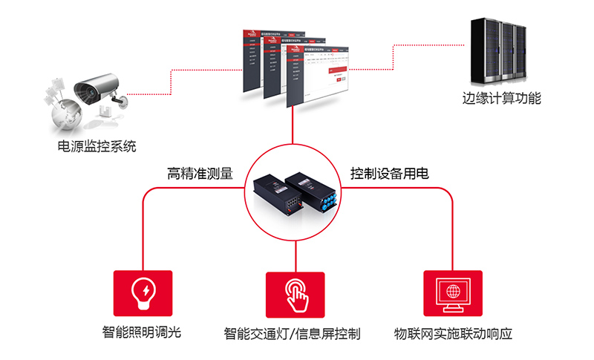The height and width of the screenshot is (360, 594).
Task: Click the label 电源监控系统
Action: point(97,145)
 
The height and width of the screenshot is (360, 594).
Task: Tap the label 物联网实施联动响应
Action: point(453,333)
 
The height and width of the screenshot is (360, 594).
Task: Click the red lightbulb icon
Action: point(143,292)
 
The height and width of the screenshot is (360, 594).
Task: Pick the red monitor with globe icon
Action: point(453,292)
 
